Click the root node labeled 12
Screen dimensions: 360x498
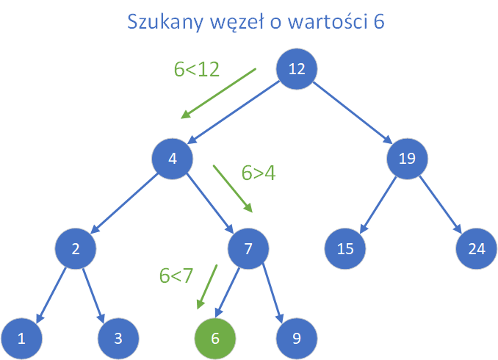click(x=297, y=69)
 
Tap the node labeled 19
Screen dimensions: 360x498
click(x=408, y=159)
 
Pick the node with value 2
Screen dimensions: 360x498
click(x=76, y=248)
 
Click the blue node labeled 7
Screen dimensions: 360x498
click(x=249, y=248)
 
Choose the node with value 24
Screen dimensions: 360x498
click(x=477, y=248)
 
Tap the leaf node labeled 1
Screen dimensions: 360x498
click(x=21, y=338)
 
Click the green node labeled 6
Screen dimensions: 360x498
click(x=215, y=338)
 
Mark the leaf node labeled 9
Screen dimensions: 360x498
click(x=297, y=338)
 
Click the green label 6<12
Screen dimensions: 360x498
click(x=197, y=69)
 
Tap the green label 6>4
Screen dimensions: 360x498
click(x=258, y=173)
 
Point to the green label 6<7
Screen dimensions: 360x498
click(x=176, y=276)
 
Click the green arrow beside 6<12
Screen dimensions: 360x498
click(x=219, y=93)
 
